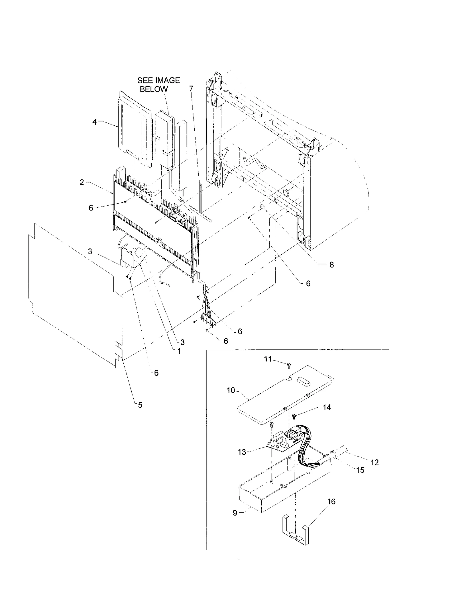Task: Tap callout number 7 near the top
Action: click(191, 89)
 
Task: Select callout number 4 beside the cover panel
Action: click(95, 122)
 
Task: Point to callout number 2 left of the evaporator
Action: click(82, 183)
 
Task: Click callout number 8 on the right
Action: click(331, 265)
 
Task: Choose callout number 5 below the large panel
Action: click(140, 405)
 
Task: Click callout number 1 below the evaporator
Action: click(179, 351)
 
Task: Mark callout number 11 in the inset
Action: click(268, 359)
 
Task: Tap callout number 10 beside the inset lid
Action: click(231, 390)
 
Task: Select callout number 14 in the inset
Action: click(327, 407)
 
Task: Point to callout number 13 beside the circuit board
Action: click(242, 452)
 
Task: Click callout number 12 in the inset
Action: click(374, 463)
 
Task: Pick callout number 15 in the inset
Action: click(360, 470)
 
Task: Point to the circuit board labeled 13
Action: click(282, 446)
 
